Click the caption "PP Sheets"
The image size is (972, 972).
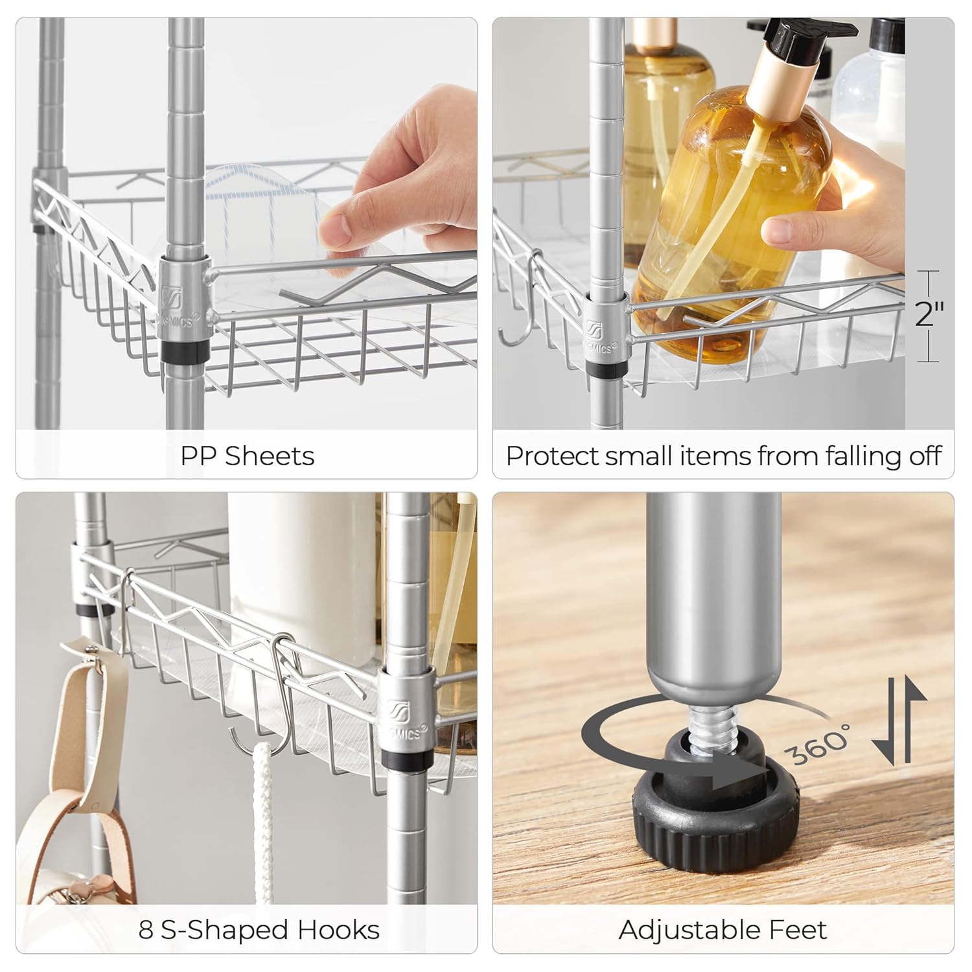coord(247,456)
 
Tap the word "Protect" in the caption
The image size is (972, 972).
coord(552,456)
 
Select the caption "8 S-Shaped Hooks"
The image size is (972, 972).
coord(259,931)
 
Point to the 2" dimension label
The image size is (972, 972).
coord(929,314)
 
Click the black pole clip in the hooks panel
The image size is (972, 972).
coord(406,760)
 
